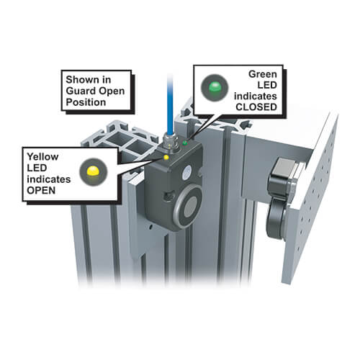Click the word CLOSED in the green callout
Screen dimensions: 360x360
pos(256,107)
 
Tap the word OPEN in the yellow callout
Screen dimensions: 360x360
pos(41,191)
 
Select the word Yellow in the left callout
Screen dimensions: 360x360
pos(42,157)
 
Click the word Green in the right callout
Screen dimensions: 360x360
pos(263,74)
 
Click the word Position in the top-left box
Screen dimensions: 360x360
pos(86,102)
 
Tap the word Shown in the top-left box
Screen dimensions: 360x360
pos(81,80)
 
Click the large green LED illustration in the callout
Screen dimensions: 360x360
pos(215,88)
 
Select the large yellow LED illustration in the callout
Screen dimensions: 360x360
pos(93,172)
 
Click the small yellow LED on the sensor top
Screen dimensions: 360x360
pos(166,158)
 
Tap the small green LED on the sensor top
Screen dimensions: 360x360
pos(185,143)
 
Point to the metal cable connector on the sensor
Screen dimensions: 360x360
pos(169,143)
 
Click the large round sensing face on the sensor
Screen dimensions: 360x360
pos(189,206)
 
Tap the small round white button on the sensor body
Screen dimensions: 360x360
pos(187,172)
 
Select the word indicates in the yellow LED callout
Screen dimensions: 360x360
pos(49,179)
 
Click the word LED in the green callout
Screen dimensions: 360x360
pos(267,85)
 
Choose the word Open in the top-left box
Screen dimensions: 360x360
pos(112,91)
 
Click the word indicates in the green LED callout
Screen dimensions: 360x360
pos(256,96)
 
